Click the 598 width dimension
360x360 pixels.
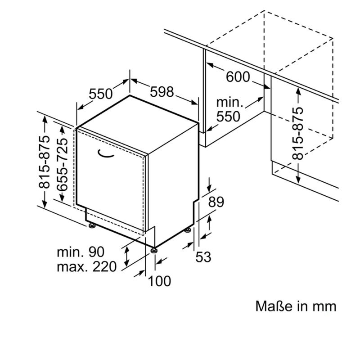coord(162,92)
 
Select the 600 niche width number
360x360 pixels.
coord(238,76)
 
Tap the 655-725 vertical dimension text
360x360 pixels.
coord(63,165)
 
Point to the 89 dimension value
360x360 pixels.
coord(216,202)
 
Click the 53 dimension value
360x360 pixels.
coord(203,257)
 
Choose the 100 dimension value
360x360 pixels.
coord(160,281)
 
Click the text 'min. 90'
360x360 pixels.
coord(81,252)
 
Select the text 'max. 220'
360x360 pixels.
coord(87,267)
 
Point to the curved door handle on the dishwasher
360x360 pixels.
coord(105,153)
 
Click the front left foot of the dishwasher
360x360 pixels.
coord(92,225)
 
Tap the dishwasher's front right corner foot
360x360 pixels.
coord(153,250)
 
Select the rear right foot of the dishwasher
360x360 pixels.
coord(188,229)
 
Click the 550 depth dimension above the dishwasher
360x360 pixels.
coord(101,94)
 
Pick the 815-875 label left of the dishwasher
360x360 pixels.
coord(44,162)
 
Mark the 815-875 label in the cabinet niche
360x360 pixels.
coord(298,133)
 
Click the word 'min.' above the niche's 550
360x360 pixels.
coord(229,102)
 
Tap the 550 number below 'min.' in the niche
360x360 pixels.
coord(228,117)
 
